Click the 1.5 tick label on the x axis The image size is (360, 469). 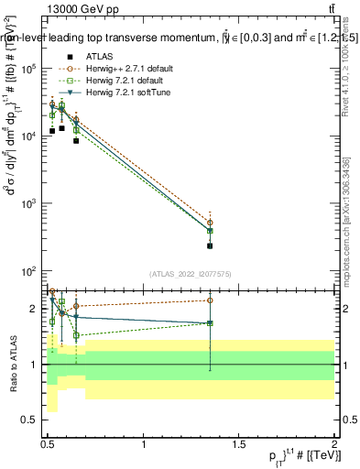pos(239,446)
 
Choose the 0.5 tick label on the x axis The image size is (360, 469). pos(49,446)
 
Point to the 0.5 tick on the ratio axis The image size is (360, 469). pos(33,420)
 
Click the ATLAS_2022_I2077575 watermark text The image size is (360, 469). pos(191,274)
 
